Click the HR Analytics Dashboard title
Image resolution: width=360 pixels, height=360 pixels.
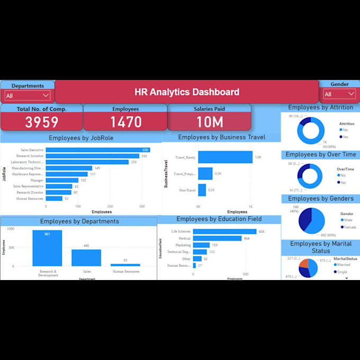186,92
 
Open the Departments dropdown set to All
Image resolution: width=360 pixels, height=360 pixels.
27,95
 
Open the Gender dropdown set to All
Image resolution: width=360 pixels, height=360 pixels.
339,94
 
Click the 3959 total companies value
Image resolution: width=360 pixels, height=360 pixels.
42,122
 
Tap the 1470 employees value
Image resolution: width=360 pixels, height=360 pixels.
125,122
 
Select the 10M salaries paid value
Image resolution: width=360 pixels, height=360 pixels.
210,122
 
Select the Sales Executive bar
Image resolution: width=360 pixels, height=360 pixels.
97,150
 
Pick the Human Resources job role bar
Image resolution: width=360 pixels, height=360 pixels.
54,199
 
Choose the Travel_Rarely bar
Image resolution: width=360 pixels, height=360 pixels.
225,157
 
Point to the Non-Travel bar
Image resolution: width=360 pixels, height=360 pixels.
202,190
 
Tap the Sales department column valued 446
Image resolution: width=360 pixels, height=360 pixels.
86,258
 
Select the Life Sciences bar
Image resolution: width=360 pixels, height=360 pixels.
224,231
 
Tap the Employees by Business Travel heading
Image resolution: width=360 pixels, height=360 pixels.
221,138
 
